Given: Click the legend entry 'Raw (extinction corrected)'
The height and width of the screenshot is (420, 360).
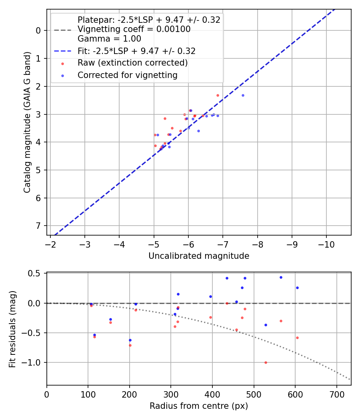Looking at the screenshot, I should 132,63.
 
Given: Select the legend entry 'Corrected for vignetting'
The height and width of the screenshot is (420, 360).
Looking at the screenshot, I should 127,75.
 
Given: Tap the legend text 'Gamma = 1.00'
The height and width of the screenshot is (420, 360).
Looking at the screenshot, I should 109,39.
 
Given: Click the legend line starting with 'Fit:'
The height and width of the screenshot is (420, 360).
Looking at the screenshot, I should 136,51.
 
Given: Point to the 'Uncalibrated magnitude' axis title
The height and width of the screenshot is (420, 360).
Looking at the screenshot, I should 199,256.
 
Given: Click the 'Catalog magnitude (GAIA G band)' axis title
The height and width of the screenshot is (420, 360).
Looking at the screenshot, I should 27,122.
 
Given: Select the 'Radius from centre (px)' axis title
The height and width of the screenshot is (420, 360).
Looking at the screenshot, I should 199,406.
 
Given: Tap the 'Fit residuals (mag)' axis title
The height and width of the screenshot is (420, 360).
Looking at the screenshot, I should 12,329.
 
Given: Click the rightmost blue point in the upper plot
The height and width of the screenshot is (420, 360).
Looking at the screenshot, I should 243,95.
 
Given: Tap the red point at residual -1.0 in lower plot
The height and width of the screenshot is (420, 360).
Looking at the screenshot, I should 266,362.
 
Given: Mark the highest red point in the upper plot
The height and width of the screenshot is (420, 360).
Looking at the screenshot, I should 218,95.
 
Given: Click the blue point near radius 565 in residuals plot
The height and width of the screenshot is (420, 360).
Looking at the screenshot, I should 281,277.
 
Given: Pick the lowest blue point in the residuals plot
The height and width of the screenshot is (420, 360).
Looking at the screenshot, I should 130,340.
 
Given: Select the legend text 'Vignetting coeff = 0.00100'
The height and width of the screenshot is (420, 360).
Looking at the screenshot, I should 134,29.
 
